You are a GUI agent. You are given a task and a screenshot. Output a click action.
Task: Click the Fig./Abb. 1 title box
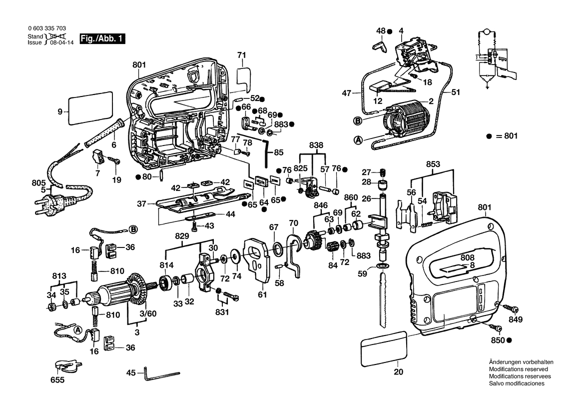point(102,39)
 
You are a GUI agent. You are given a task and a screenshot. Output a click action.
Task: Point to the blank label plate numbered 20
point(384,348)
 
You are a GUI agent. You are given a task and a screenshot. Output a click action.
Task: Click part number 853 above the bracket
point(433,164)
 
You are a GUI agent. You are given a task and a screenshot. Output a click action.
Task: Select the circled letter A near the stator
point(358,140)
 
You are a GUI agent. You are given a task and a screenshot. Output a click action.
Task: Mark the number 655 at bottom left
point(57,380)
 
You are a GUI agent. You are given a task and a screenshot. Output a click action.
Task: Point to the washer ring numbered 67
point(277,249)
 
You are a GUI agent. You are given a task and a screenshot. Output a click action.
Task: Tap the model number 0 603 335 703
point(47,28)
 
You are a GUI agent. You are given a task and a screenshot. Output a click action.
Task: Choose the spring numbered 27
point(383,173)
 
